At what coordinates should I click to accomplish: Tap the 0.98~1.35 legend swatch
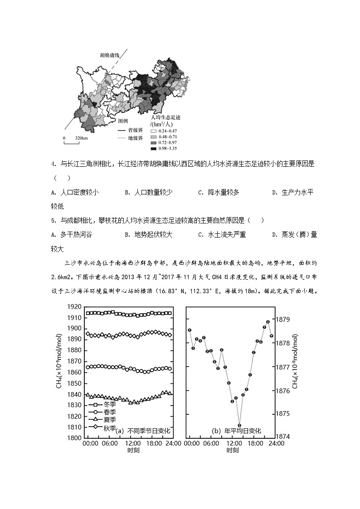pyautogui.click(x=153, y=148)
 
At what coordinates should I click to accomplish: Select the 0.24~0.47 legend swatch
pyautogui.click(x=153, y=131)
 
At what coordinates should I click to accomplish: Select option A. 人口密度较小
pyautogui.click(x=75, y=192)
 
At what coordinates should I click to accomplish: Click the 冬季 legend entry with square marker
pyautogui.click(x=102, y=404)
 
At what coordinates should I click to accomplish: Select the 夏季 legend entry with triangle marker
pyautogui.click(x=102, y=420)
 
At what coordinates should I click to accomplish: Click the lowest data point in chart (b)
pyautogui.click(x=239, y=425)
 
